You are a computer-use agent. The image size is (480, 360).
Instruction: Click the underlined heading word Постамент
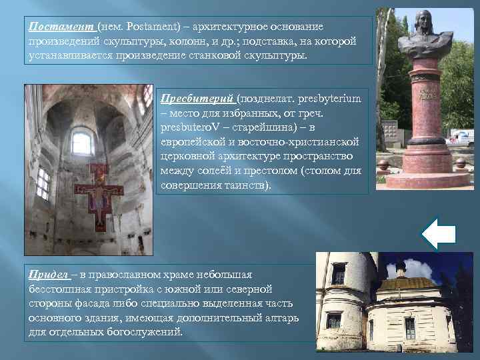pyautogui.click(x=61, y=26)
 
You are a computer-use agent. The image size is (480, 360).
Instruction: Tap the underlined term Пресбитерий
pyautogui.click(x=198, y=98)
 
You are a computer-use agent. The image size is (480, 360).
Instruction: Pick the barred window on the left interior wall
pyautogui.click(x=43, y=182)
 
